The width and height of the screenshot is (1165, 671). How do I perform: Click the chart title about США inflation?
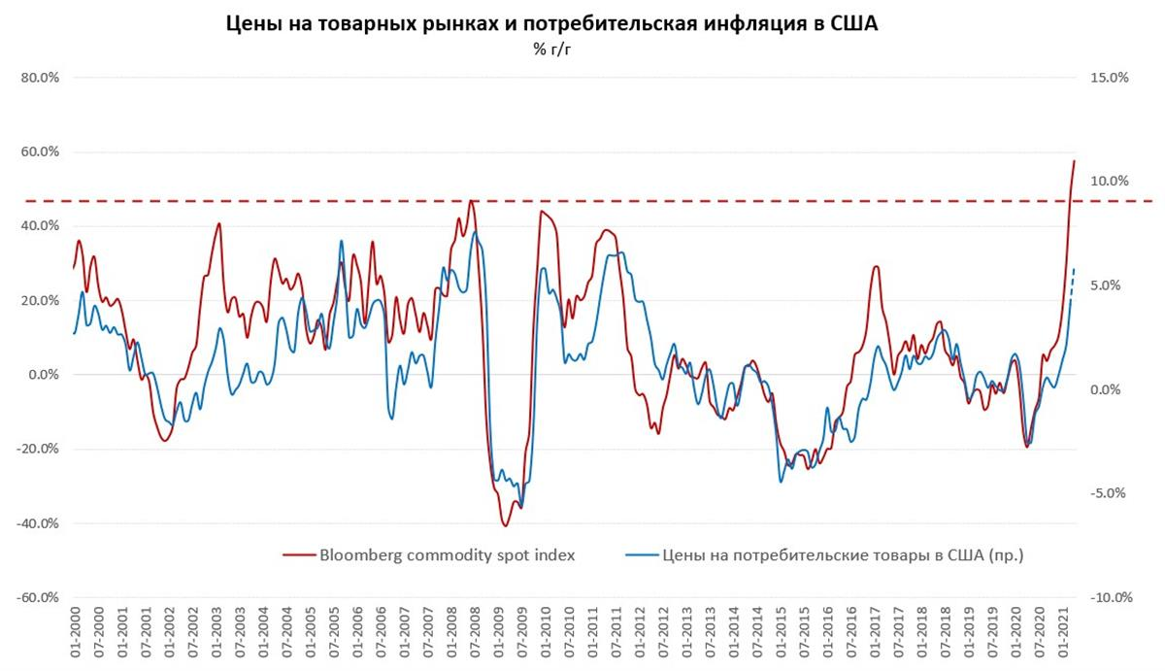550,24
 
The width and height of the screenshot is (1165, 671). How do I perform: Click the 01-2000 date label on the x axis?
75,635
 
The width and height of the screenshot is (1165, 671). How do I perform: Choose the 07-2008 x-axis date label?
476,635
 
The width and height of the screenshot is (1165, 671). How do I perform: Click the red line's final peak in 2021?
1074,161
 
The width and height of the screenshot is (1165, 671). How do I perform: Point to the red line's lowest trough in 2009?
505,525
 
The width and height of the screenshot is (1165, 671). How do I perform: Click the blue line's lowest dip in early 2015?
781,482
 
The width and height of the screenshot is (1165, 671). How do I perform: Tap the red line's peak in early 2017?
876,266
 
